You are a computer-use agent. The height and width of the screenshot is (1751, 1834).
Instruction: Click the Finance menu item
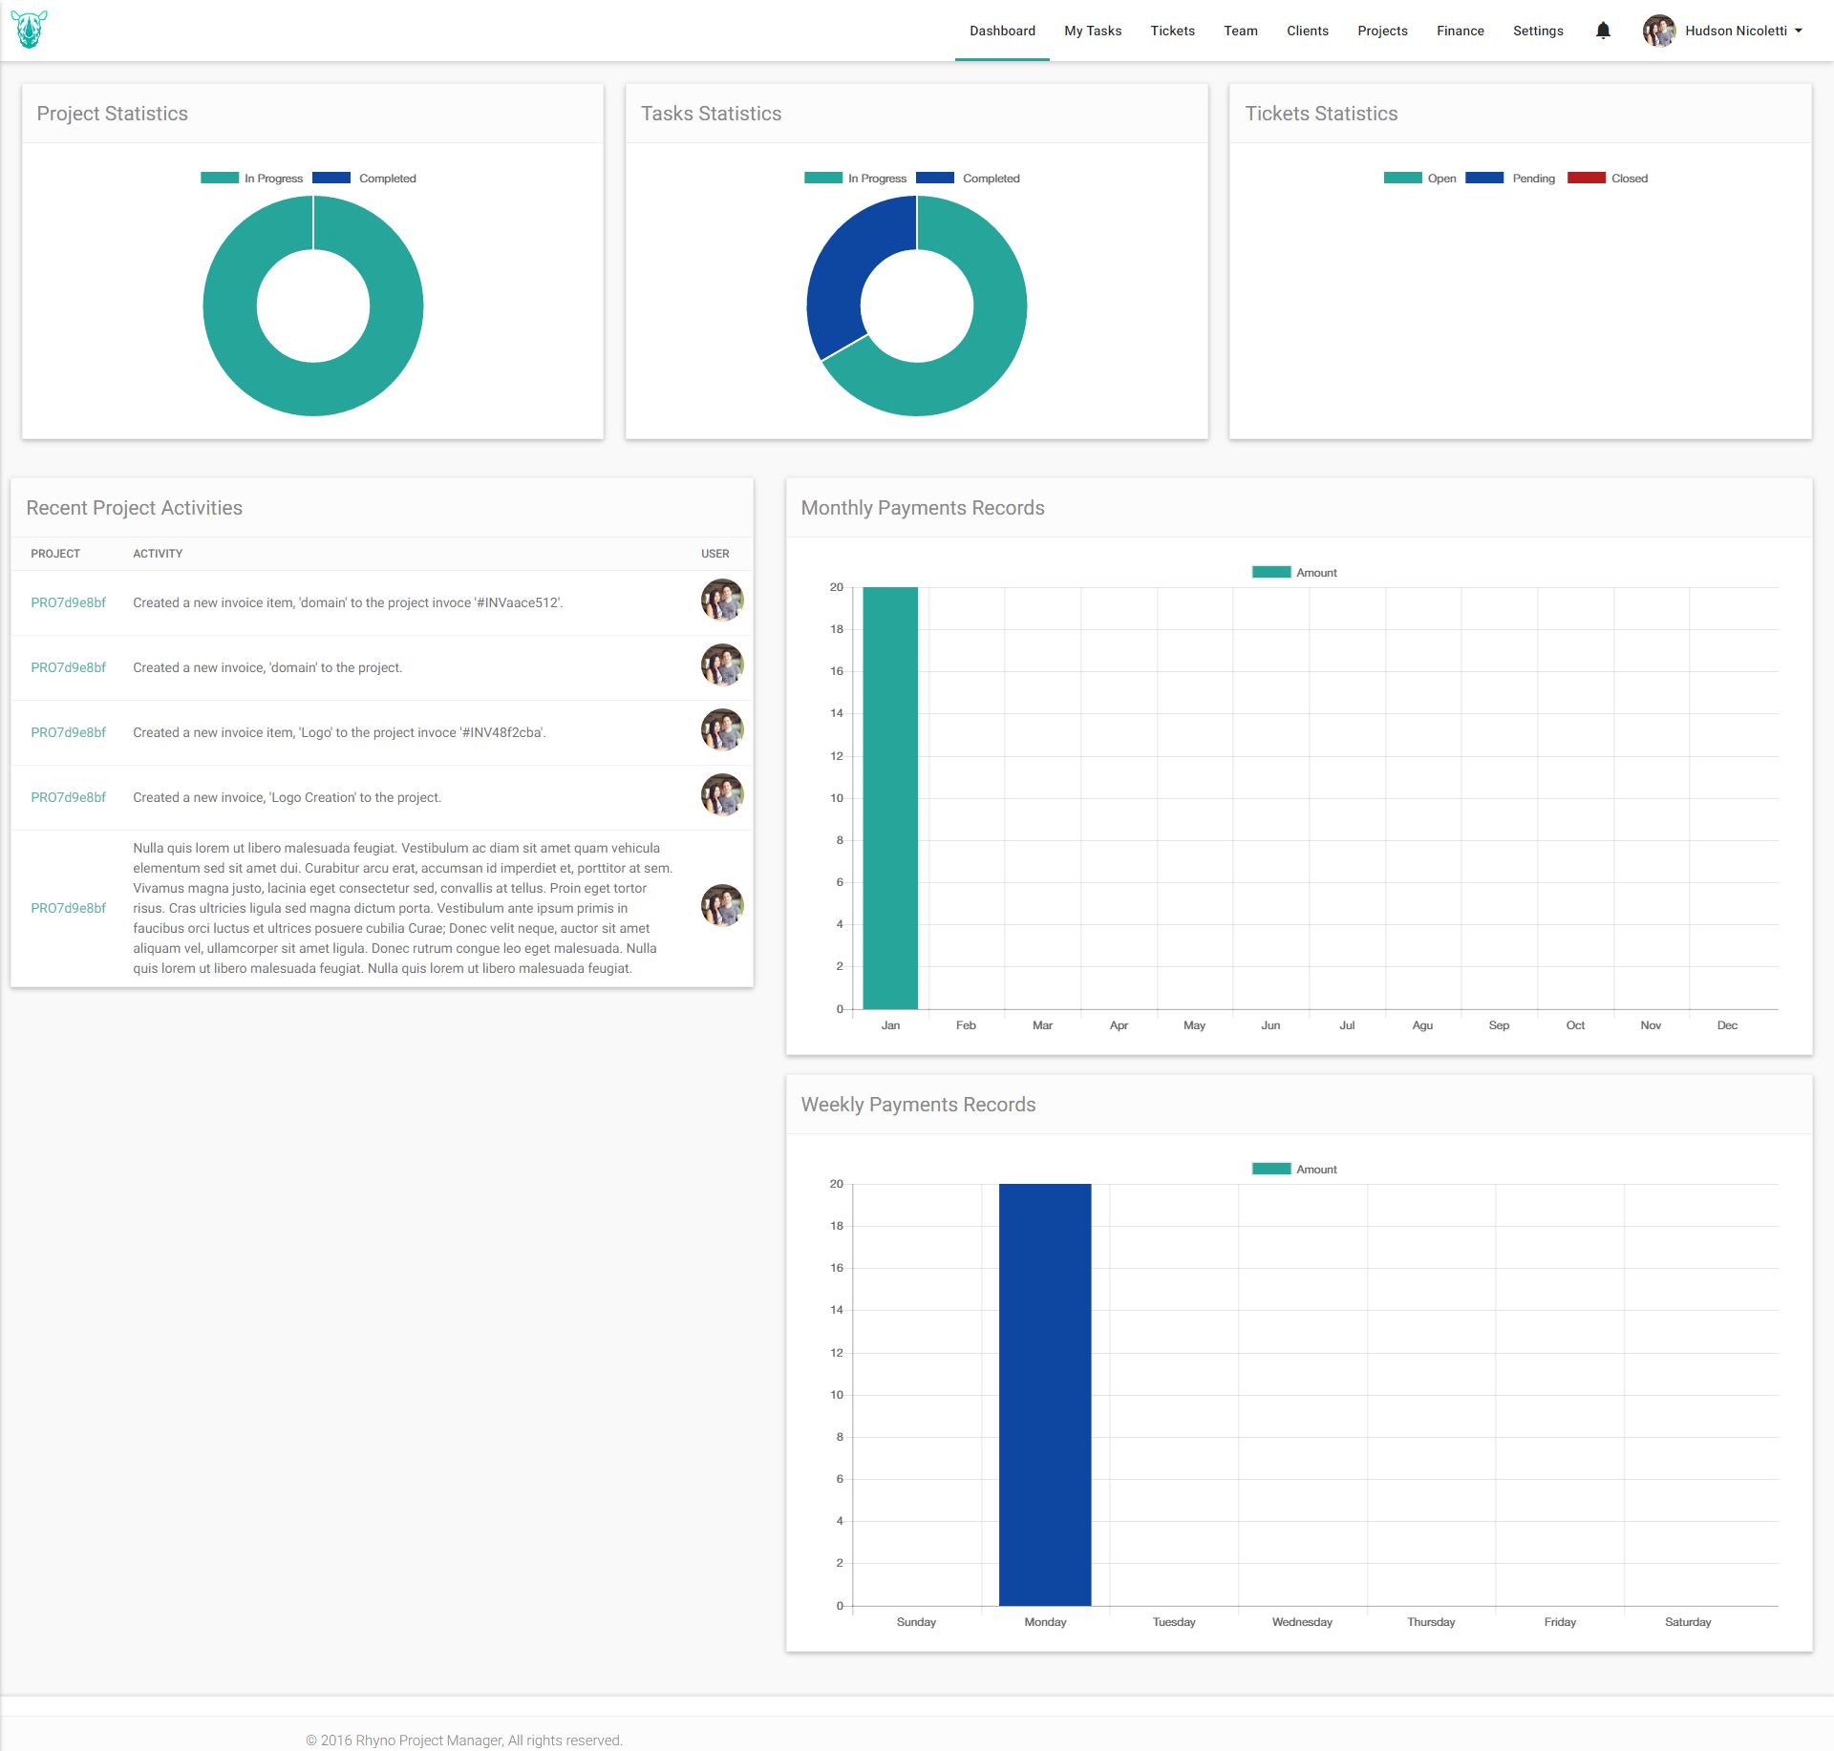click(x=1460, y=31)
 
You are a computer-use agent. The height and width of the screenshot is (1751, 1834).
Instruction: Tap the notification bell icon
click(x=1603, y=31)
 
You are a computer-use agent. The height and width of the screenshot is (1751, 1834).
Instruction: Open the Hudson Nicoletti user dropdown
click(x=1723, y=31)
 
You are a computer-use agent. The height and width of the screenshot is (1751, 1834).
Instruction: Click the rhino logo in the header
click(x=30, y=30)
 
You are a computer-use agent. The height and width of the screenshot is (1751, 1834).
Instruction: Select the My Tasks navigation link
click(x=1093, y=31)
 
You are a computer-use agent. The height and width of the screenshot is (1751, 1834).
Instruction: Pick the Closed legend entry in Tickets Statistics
click(x=1609, y=179)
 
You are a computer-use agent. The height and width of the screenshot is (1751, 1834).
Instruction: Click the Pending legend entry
click(x=1511, y=179)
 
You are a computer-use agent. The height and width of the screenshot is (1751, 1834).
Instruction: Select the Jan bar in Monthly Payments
click(x=890, y=797)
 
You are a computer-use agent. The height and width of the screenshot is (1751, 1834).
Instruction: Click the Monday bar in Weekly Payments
click(x=1045, y=1394)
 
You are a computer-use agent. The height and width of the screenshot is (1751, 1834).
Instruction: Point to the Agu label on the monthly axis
click(x=1422, y=1025)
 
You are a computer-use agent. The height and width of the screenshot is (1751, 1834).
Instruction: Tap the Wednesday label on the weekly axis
click(x=1302, y=1622)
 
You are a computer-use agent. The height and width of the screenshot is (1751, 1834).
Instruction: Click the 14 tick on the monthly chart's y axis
click(x=837, y=713)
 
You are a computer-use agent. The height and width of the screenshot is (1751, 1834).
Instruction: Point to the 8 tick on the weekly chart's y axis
click(x=840, y=1437)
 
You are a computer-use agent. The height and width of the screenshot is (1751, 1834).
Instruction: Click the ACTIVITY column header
click(x=158, y=554)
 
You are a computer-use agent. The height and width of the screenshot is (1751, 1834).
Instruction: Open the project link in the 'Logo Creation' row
click(x=68, y=797)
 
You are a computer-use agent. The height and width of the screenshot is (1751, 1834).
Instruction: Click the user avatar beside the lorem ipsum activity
click(x=722, y=905)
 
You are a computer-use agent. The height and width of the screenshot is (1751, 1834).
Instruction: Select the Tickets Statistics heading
click(x=1321, y=114)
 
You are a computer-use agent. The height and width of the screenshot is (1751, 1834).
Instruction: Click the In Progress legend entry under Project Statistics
click(x=252, y=179)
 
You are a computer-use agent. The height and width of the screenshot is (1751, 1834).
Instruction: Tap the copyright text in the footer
click(x=464, y=1740)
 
